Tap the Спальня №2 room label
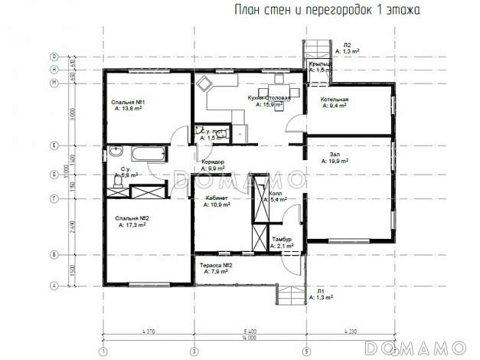(x=132, y=219)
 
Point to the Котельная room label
(x=335, y=100)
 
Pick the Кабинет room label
(x=217, y=199)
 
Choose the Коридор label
(x=213, y=162)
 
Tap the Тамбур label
(x=282, y=240)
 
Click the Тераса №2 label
(x=216, y=264)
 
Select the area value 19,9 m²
(x=335, y=162)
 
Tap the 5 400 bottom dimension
(x=248, y=330)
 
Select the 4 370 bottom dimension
(x=149, y=330)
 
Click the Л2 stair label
(x=347, y=44)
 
